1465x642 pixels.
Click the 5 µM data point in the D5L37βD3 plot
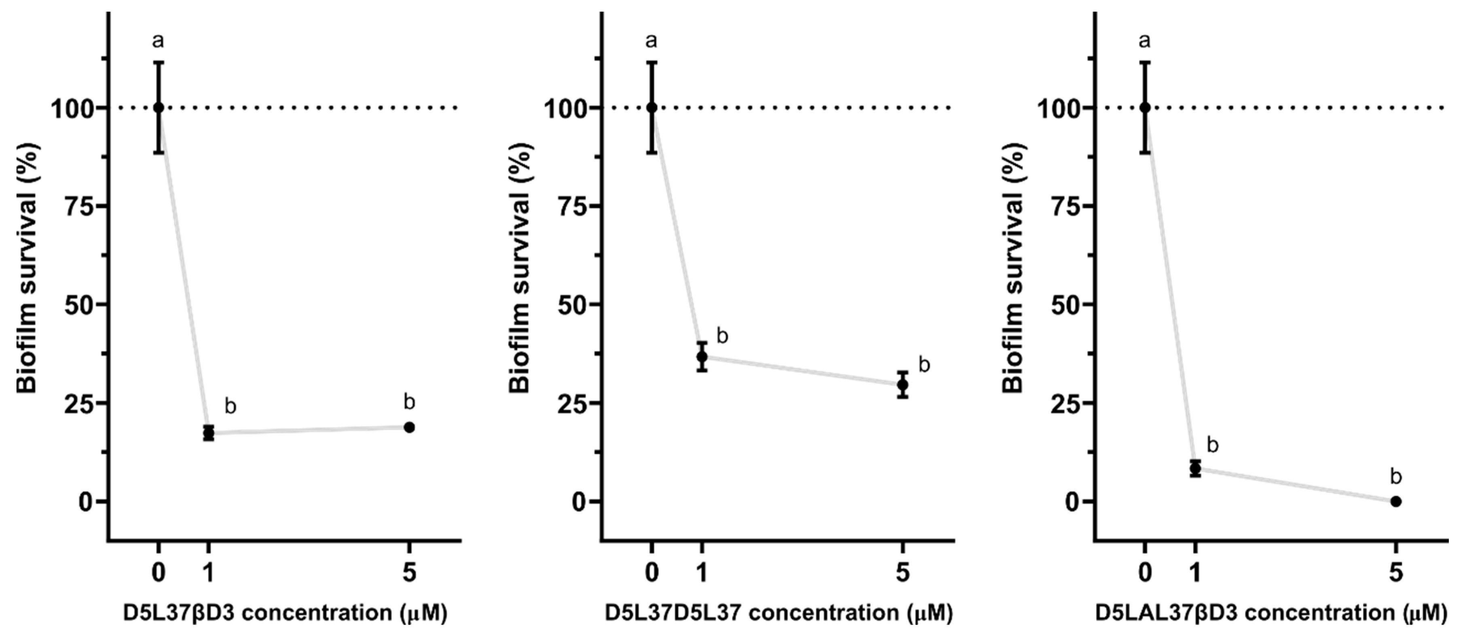[x=409, y=427]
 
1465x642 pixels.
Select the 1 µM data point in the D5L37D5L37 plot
[x=702, y=357]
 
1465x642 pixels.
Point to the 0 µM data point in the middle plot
[x=652, y=108]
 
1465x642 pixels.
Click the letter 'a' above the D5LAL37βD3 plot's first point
[x=1145, y=41]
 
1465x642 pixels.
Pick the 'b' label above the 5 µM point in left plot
[x=409, y=401]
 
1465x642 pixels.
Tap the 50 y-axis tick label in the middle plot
[x=572, y=304]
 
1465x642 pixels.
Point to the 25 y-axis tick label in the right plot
[x=1065, y=403]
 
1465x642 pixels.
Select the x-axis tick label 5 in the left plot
[x=409, y=572]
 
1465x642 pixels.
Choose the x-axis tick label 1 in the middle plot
[x=702, y=572]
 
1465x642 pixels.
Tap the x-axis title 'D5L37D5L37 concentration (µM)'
[x=778, y=613]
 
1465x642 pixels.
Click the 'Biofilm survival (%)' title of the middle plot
[x=519, y=267]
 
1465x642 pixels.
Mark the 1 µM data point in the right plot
[x=1195, y=468]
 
